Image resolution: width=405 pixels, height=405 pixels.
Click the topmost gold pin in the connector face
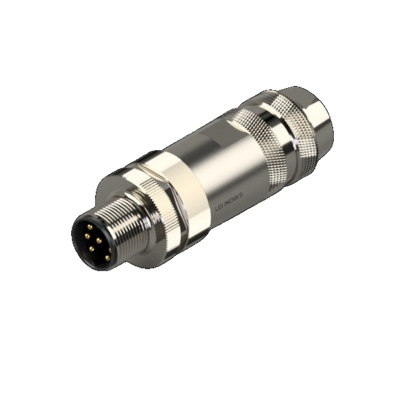click(x=90, y=227)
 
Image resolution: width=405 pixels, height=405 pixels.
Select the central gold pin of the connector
click(x=98, y=240)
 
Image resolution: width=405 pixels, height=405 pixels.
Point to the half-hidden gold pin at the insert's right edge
click(x=110, y=250)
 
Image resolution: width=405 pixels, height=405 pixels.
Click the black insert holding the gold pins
click(x=93, y=243)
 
